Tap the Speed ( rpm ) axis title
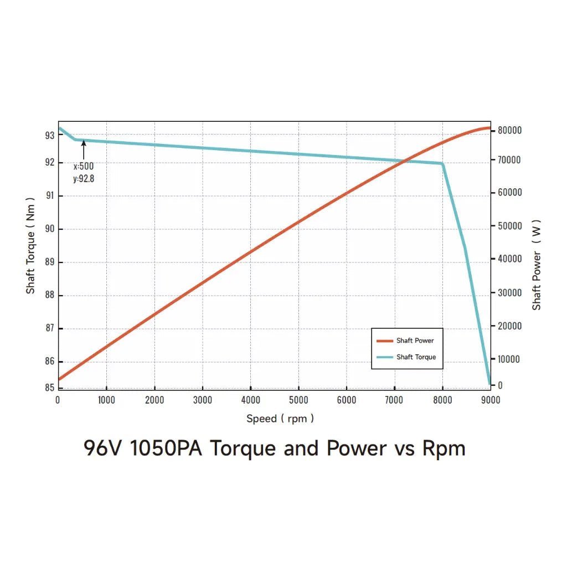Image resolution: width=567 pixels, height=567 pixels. pos(280,419)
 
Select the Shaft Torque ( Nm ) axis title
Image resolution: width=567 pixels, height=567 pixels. pos(31,245)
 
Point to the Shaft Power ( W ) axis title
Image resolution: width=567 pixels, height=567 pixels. pos(537,265)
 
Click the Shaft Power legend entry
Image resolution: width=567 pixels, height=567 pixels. pos(415,341)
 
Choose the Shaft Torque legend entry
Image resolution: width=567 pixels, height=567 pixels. pos(416,357)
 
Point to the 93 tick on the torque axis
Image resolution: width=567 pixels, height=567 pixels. pos(49,135)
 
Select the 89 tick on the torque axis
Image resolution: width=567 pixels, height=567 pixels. pos(49,262)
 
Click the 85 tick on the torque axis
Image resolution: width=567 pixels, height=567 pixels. pos(49,388)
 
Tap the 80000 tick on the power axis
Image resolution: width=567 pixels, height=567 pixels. pos(509,130)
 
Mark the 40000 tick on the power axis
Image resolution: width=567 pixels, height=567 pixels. pos(509,259)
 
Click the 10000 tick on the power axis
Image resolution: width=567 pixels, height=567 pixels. pos(509,359)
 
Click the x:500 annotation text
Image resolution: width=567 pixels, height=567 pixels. pos(83,166)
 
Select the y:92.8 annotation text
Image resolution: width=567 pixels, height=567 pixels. pos(83,178)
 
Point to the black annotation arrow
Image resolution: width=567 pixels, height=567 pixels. pos(84,150)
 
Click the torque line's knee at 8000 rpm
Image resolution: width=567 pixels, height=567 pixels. pos(442,163)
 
